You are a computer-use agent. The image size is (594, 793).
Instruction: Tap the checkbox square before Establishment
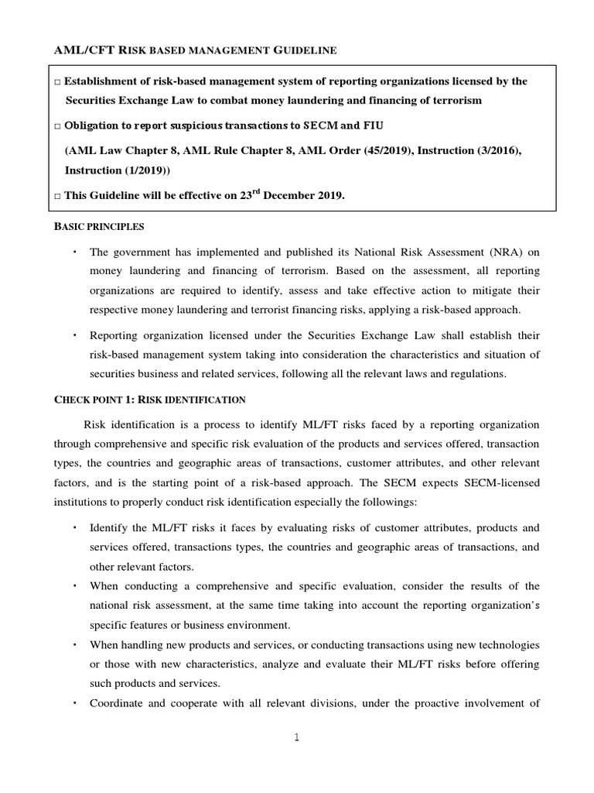click(58, 82)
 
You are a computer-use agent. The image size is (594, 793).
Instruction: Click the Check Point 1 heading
click(149, 400)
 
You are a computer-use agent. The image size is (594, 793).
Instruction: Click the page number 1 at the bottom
click(296, 738)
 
